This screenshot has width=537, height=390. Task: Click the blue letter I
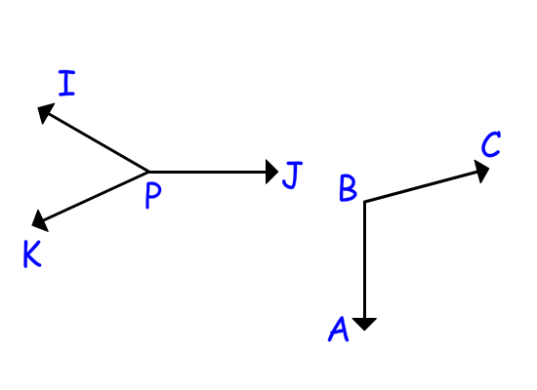point(66,83)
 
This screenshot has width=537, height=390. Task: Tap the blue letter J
point(293,175)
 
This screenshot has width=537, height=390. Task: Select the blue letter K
point(32,253)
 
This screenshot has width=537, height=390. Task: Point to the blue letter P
point(153,195)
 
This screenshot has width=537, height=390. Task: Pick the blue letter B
point(348,188)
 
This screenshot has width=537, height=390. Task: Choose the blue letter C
point(491,144)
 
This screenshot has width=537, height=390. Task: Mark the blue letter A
point(339,329)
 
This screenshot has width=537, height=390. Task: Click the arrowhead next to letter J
point(271,172)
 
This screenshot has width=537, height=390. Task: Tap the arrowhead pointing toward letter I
point(45,112)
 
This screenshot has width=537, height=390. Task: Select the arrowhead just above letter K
point(40,221)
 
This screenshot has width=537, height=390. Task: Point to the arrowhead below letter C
point(481,171)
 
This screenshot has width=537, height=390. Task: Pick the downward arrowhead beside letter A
point(364,324)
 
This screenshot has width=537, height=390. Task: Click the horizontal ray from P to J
point(213,172)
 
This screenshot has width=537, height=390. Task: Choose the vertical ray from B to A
point(365,266)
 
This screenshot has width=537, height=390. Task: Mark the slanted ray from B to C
point(427,185)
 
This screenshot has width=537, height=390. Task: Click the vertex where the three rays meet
point(148,172)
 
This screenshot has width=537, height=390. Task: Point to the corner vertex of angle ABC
point(365,202)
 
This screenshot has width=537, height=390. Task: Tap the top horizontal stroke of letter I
point(66,72)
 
